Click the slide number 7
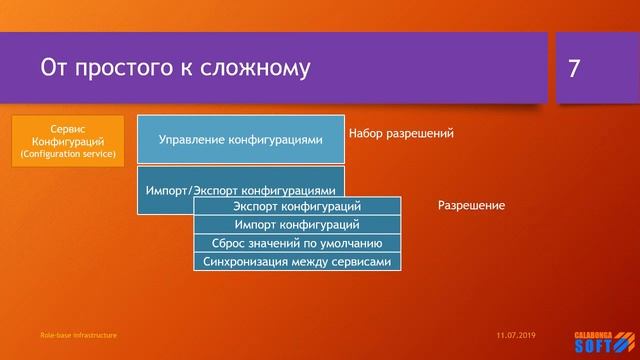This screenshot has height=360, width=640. [574, 68]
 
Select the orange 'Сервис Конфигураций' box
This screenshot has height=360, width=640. [68, 141]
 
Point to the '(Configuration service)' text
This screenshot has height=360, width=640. [68, 155]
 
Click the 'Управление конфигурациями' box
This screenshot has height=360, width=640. [241, 140]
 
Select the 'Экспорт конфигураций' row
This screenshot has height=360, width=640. [297, 206]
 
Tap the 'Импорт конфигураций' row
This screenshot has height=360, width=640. [297, 224]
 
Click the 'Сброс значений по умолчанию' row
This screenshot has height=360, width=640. [297, 243]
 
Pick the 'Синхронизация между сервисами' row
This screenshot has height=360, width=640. [297, 261]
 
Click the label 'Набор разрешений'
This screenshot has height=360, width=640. [401, 133]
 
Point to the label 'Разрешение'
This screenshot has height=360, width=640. [471, 205]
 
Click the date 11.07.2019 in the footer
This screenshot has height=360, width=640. [516, 335]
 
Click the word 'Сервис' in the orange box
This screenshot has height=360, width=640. [68, 129]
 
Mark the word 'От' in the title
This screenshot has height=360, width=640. [54, 68]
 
